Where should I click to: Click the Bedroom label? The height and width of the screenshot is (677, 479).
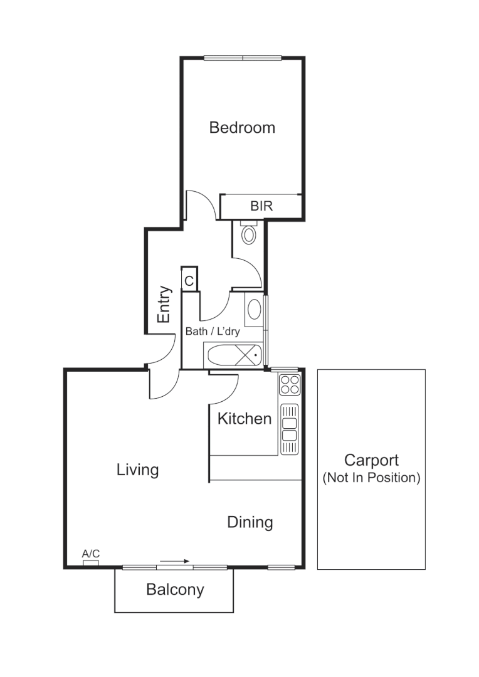tap(242, 128)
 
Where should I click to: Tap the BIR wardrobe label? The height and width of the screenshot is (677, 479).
tap(261, 206)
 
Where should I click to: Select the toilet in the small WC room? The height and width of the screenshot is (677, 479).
tap(249, 234)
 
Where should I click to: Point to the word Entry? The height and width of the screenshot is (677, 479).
tap(164, 305)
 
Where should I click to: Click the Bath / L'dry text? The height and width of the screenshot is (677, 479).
tap(213, 330)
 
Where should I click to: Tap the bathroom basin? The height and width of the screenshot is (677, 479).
tap(254, 310)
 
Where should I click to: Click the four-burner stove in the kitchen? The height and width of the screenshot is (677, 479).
tap(290, 384)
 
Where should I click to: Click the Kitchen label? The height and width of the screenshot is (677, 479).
tap(245, 419)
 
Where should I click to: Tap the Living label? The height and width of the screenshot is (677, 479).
tap(138, 470)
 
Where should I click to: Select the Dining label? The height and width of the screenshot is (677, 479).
tap(250, 522)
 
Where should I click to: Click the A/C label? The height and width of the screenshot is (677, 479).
tap(91, 554)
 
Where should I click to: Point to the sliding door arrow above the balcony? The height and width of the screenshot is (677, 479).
tap(174, 562)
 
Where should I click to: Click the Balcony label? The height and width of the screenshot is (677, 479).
tap(175, 589)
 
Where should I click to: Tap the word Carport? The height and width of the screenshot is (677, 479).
tap(371, 461)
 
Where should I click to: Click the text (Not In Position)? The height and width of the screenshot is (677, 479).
tap(371, 478)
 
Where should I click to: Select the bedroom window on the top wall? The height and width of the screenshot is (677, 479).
tap(243, 58)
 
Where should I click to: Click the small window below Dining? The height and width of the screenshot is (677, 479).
tap(281, 567)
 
